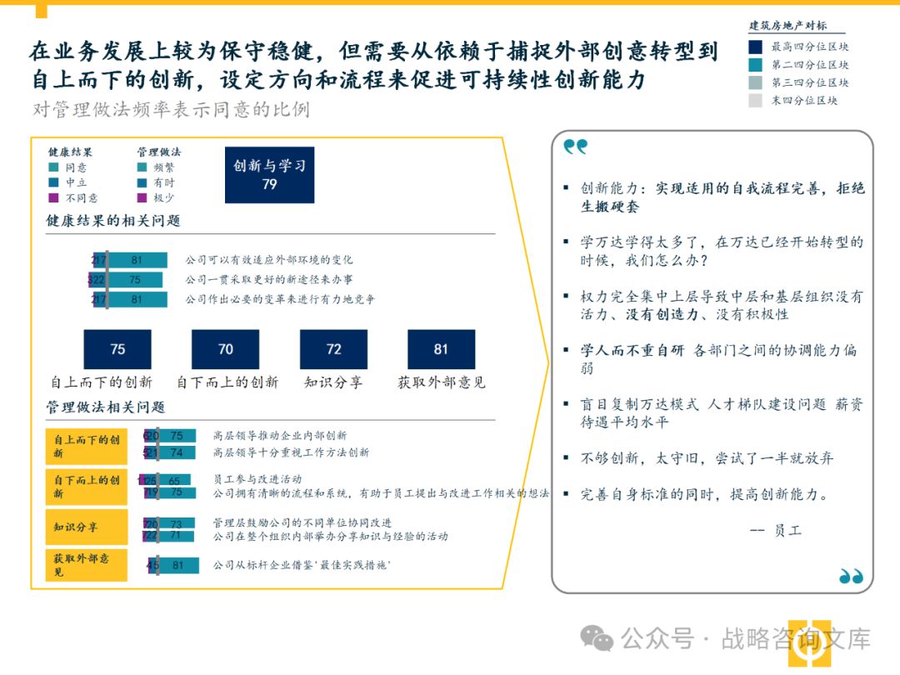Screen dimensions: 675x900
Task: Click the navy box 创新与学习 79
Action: tap(269, 175)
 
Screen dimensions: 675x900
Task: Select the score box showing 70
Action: tap(225, 349)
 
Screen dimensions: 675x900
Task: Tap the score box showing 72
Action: tap(333, 349)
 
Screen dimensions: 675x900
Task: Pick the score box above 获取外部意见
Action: tap(441, 349)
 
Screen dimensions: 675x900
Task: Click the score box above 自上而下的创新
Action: tap(117, 349)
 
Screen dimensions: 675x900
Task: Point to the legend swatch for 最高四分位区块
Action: tap(755, 47)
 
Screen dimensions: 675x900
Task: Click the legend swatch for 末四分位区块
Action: tap(755, 101)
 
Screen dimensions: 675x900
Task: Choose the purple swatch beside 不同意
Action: tap(53, 198)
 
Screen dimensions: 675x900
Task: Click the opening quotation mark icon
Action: tap(575, 147)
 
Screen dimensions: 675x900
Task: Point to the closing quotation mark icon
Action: tap(851, 576)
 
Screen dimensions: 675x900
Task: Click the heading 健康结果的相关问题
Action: tap(113, 221)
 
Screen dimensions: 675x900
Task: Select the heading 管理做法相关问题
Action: tap(106, 407)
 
